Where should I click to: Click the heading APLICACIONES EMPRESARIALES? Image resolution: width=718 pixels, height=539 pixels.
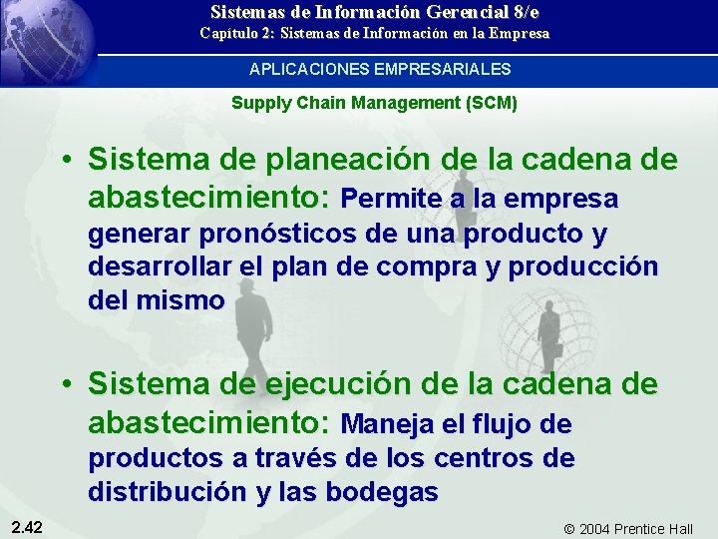pyautogui.click(x=380, y=69)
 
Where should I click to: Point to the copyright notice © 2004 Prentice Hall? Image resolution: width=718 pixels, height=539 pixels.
pyautogui.click(x=627, y=528)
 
